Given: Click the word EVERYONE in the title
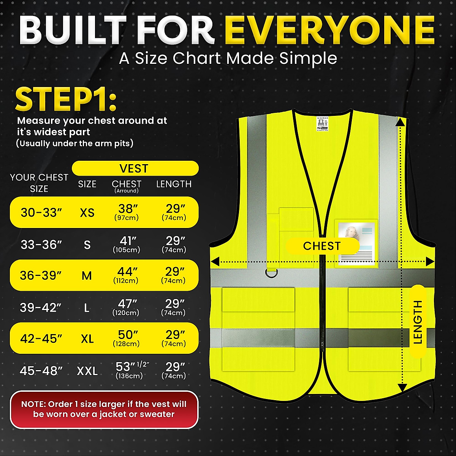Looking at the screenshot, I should point(329,30).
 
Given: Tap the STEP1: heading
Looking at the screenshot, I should point(65,100).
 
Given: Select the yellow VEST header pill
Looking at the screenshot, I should point(135,168).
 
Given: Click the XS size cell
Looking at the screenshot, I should point(87,212).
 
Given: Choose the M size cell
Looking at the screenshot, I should point(87,275).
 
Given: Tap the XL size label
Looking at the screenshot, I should point(87,338).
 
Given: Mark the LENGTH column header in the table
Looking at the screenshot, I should point(174,184).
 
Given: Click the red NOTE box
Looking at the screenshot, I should point(104,409).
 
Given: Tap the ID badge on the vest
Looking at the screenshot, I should point(356,243).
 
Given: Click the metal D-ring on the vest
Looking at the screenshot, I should point(271,273).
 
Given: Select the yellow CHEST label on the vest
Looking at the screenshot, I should point(322,246).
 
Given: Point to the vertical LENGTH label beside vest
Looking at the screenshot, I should point(418,321).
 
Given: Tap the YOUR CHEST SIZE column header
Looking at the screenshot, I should point(39,183).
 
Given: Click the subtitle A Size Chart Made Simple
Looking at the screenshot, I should point(228,59).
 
